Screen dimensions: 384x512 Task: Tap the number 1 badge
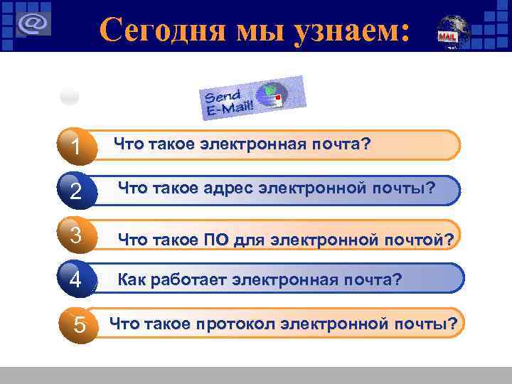(x=75, y=146)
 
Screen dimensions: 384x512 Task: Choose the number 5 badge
(x=79, y=324)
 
